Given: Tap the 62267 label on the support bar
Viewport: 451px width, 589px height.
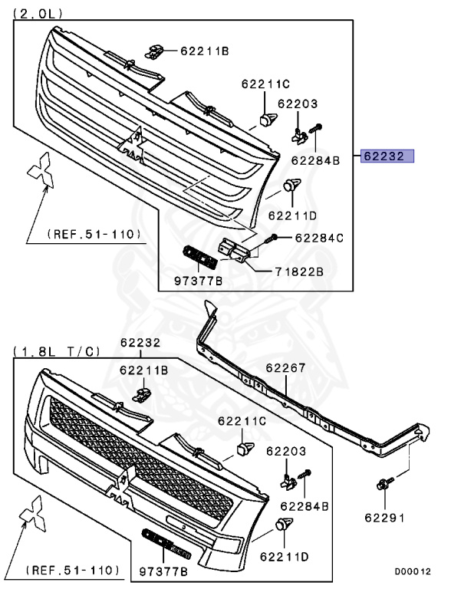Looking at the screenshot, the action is pos(285,368).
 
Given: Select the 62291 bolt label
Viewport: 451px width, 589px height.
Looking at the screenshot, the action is pos(385,518).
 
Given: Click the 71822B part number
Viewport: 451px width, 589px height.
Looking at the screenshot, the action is pos(299,271).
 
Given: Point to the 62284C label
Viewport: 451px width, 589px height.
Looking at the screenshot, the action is pos(319,239).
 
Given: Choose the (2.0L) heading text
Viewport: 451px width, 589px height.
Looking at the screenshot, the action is pos(38,14).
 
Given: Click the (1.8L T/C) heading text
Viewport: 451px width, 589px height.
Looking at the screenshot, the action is pos(57,351).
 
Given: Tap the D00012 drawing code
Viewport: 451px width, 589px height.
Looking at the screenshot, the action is pos(413,571).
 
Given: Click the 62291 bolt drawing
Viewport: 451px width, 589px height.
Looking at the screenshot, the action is pos(384,483).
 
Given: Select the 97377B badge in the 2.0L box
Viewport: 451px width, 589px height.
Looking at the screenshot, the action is pos(199,258).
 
